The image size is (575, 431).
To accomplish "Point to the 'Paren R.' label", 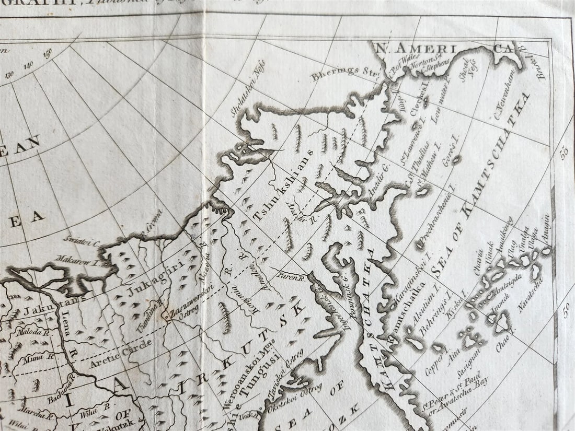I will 291,273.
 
